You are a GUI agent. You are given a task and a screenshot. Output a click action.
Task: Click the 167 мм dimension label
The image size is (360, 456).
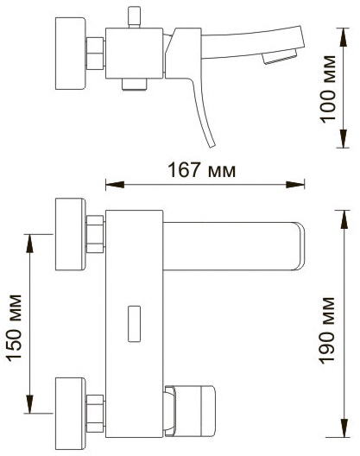[201, 170]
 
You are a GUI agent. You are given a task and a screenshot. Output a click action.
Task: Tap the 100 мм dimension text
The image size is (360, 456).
[328, 88]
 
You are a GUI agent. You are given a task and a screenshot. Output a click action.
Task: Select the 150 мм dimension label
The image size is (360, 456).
[15, 328]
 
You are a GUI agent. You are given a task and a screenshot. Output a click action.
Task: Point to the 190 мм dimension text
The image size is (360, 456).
[328, 331]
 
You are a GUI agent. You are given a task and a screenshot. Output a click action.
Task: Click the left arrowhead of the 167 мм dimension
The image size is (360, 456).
[115, 185]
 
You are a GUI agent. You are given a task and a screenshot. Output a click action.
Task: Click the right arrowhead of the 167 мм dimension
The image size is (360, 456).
[295, 185]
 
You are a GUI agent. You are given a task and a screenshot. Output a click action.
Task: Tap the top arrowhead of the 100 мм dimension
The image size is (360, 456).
[344, 37]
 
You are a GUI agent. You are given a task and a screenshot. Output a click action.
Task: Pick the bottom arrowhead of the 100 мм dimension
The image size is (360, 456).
[344, 138]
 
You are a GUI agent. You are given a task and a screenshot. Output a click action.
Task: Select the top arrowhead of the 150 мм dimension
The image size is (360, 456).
[29, 244]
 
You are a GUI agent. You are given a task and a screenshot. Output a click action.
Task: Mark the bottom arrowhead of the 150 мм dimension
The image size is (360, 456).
[29, 403]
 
